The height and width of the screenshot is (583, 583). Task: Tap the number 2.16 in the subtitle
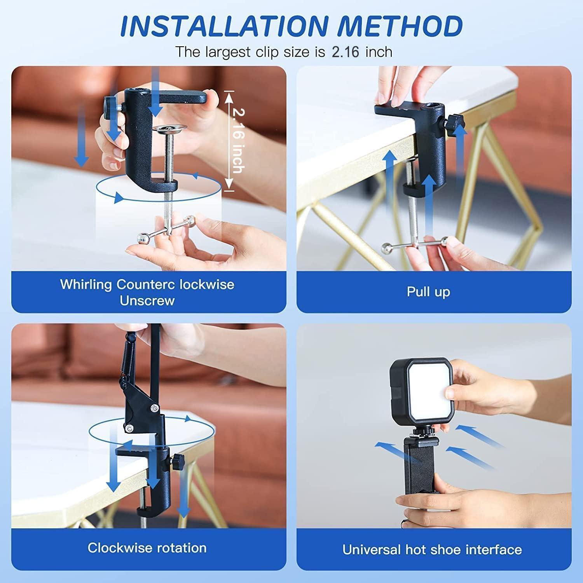pyautogui.click(x=345, y=52)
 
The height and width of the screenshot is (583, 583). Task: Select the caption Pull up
pyautogui.click(x=428, y=291)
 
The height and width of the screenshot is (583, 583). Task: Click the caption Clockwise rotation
pyautogui.click(x=147, y=548)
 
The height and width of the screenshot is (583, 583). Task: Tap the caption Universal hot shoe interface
pyautogui.click(x=432, y=550)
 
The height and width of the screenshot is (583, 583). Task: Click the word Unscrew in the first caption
pyautogui.click(x=147, y=300)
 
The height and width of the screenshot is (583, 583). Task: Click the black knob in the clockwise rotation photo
pyautogui.click(x=178, y=461)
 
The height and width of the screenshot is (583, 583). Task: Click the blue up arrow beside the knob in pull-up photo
pyautogui.click(x=460, y=154)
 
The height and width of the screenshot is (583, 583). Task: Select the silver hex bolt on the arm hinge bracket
pyautogui.click(x=155, y=408)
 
